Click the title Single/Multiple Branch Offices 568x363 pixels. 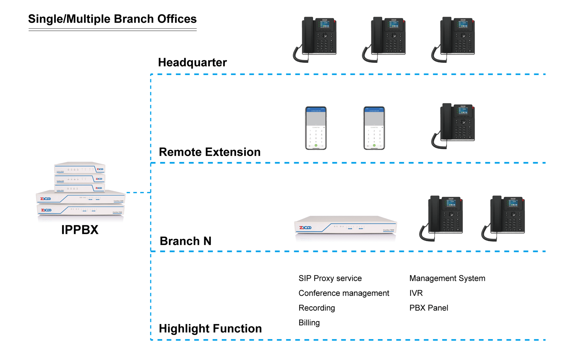[x=112, y=19]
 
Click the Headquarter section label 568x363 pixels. [x=192, y=62]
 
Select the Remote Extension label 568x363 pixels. [x=210, y=152]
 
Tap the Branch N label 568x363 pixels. [x=185, y=241]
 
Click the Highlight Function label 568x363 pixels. [x=210, y=329]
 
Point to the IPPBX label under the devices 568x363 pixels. [x=80, y=230]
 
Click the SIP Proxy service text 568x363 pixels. [x=330, y=278]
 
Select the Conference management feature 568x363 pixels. [x=344, y=293]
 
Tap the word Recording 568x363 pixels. [x=317, y=308]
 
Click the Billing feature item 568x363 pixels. [x=309, y=323]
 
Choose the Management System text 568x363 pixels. [x=447, y=278]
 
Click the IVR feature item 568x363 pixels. [x=416, y=293]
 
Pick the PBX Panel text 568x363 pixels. [x=429, y=308]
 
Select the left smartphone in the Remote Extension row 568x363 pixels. [x=316, y=128]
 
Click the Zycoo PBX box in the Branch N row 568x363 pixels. [x=345, y=228]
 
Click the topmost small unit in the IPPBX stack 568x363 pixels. [x=80, y=168]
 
